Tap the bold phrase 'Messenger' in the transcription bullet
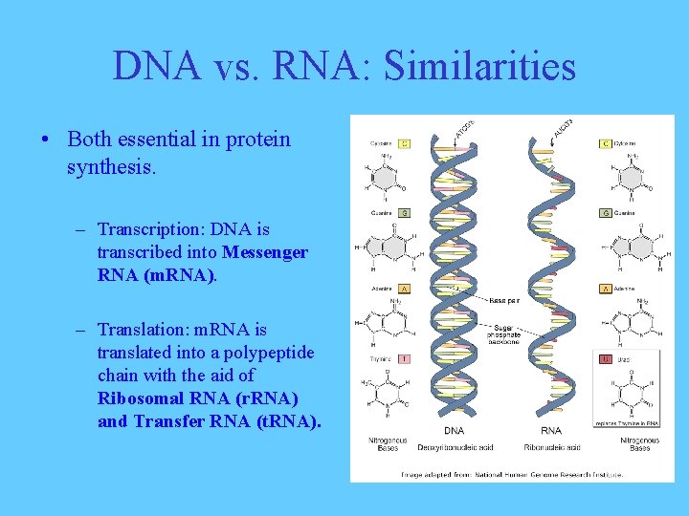point(265,252)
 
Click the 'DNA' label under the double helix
point(454,431)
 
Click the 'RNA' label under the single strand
point(551,431)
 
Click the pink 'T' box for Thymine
point(405,359)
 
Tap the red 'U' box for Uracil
point(605,359)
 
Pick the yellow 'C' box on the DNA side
point(405,143)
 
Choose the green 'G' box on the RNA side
point(605,213)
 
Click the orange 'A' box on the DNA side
point(405,289)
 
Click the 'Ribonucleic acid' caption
point(551,446)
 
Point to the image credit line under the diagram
point(512,472)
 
